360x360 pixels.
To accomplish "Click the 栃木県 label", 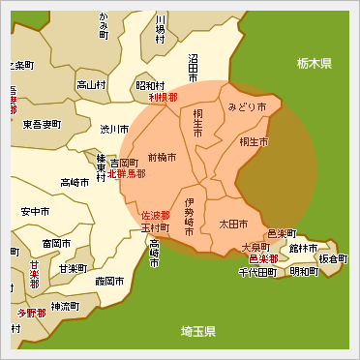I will tap(315, 64).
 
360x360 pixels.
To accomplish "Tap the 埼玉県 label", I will tap(200, 332).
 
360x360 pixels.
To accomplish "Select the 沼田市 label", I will tap(193, 68).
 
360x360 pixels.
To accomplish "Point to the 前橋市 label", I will tap(163, 157).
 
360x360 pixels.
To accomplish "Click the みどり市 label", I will tap(247, 105).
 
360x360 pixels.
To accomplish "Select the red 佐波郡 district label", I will tap(156, 216).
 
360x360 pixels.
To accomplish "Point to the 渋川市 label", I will tap(115, 129).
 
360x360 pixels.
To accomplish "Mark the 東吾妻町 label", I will tap(41, 124).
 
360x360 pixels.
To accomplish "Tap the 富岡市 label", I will tap(45, 243).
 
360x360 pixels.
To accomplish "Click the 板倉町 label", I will tap(333, 259).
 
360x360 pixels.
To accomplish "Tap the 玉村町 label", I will tap(156, 228).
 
